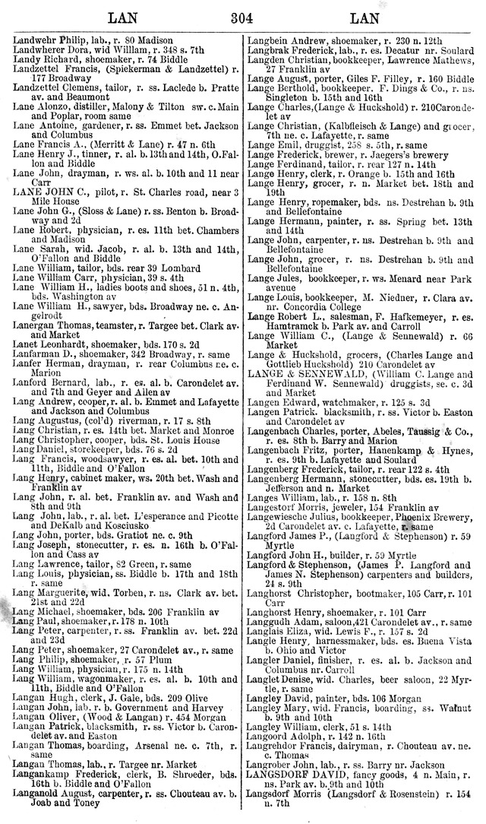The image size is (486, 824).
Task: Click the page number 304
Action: click(241, 16)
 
